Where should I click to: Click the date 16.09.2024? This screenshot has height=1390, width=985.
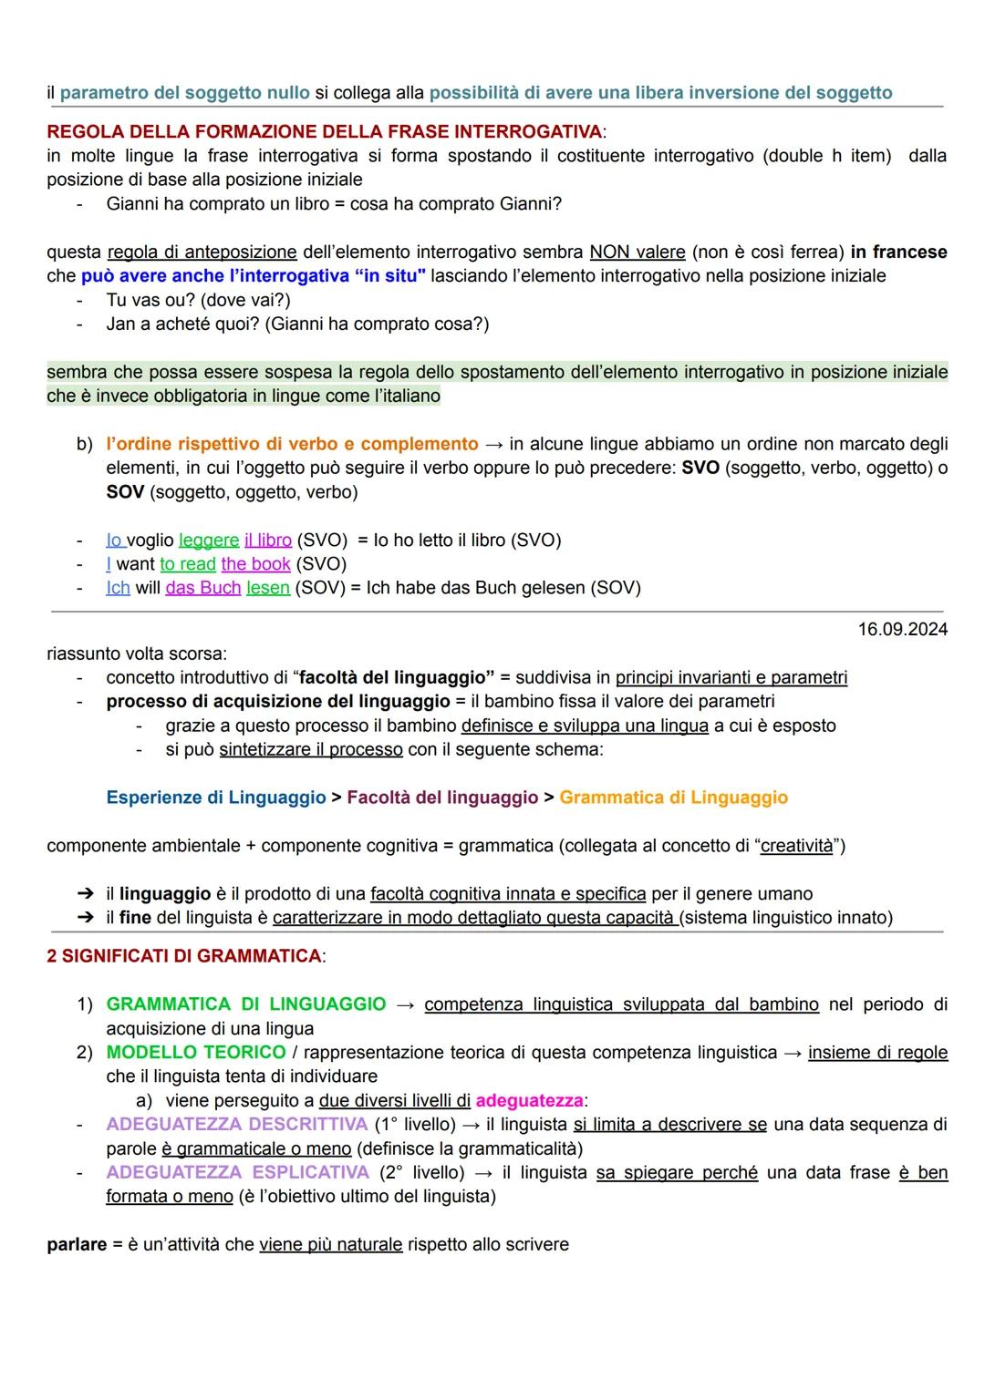902,630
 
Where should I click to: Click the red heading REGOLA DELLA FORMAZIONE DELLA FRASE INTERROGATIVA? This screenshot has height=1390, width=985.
325,132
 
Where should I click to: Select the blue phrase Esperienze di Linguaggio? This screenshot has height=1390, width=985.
216,798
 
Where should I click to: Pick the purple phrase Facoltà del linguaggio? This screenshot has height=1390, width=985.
442,798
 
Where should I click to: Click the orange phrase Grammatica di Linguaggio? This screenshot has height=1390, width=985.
673,798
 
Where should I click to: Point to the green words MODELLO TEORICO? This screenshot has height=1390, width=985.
196,1053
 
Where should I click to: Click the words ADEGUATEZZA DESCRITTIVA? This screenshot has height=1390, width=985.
236,1125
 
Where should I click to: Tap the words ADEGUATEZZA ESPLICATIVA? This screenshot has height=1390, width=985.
237,1172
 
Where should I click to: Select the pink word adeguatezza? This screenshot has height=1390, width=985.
529,1101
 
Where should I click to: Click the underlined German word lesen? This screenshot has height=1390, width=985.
268,588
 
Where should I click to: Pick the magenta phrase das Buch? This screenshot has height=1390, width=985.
202,588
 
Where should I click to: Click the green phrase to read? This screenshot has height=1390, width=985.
188,564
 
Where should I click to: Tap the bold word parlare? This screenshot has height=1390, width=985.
77,1245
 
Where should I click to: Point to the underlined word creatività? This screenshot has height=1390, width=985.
797,846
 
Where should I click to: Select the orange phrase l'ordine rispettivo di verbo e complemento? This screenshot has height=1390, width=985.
292,444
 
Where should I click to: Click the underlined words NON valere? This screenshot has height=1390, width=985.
638,252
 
